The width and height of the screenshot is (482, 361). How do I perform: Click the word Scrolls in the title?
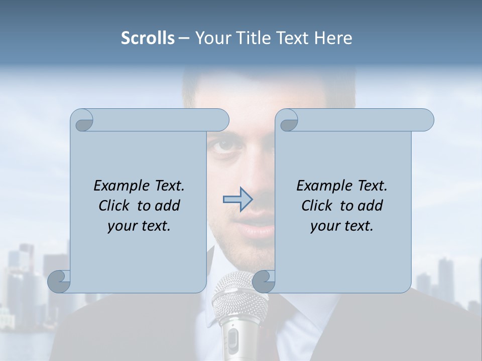coord(148,38)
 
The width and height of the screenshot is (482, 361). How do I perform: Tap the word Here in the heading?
coord(333,38)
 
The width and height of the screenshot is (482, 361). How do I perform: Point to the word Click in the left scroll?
coord(116,206)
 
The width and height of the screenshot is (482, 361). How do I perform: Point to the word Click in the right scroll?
coord(319,206)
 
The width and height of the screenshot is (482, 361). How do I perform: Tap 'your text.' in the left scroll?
coord(139,226)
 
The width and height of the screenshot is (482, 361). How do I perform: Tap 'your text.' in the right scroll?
coord(342,226)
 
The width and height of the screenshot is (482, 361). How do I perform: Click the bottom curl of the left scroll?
coord(59,281)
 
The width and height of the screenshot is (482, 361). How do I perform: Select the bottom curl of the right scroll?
coord(264,281)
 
